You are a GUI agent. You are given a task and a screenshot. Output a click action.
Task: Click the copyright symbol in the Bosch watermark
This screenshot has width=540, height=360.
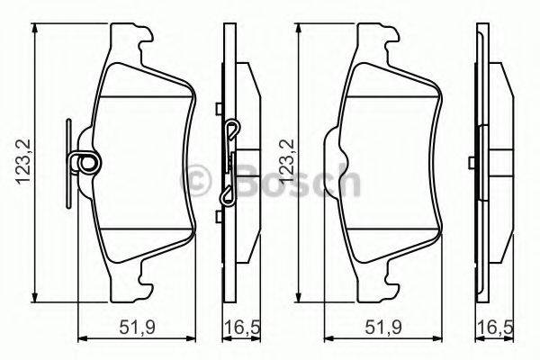(201, 179)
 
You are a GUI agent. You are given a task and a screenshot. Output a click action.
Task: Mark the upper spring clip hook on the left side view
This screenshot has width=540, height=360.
(231, 131)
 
